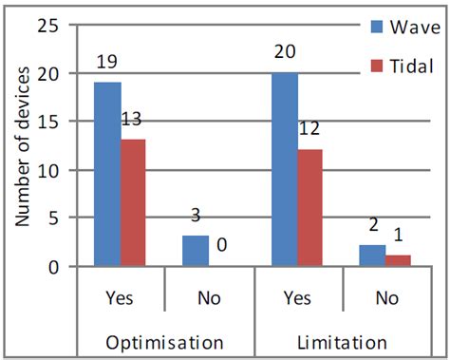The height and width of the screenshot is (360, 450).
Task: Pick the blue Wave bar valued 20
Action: (284, 170)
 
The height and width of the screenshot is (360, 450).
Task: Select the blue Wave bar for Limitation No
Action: (373, 256)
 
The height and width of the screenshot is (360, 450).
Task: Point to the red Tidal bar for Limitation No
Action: (400, 260)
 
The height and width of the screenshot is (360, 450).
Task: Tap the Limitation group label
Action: (343, 341)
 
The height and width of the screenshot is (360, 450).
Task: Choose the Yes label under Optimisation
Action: (121, 297)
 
